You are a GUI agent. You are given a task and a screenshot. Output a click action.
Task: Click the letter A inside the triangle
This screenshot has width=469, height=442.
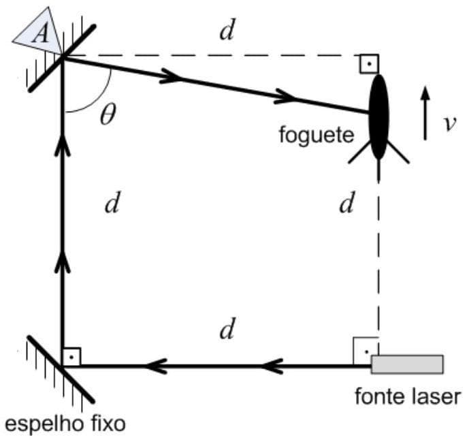coord(41,34)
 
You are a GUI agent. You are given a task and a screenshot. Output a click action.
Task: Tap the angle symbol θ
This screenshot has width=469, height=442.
coord(107,115)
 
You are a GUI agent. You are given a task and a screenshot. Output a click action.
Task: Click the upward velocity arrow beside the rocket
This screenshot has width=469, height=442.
coord(425,112)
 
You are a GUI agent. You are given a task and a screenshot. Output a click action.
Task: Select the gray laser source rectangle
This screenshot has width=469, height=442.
coord(407,364)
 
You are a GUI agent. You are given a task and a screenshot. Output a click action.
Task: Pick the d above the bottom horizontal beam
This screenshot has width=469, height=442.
coord(227,330)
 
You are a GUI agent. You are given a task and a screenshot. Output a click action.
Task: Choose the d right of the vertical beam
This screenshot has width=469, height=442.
coord(112,204)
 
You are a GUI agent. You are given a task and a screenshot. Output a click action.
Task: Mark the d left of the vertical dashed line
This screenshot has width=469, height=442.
coord(347,204)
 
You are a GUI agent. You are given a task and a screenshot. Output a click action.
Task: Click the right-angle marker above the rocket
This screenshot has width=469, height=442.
coord(368,64)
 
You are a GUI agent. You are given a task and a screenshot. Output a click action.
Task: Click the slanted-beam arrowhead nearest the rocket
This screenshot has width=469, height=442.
coord(286,98)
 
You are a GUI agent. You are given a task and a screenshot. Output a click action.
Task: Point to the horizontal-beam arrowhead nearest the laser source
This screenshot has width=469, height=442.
coord(272,366)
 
